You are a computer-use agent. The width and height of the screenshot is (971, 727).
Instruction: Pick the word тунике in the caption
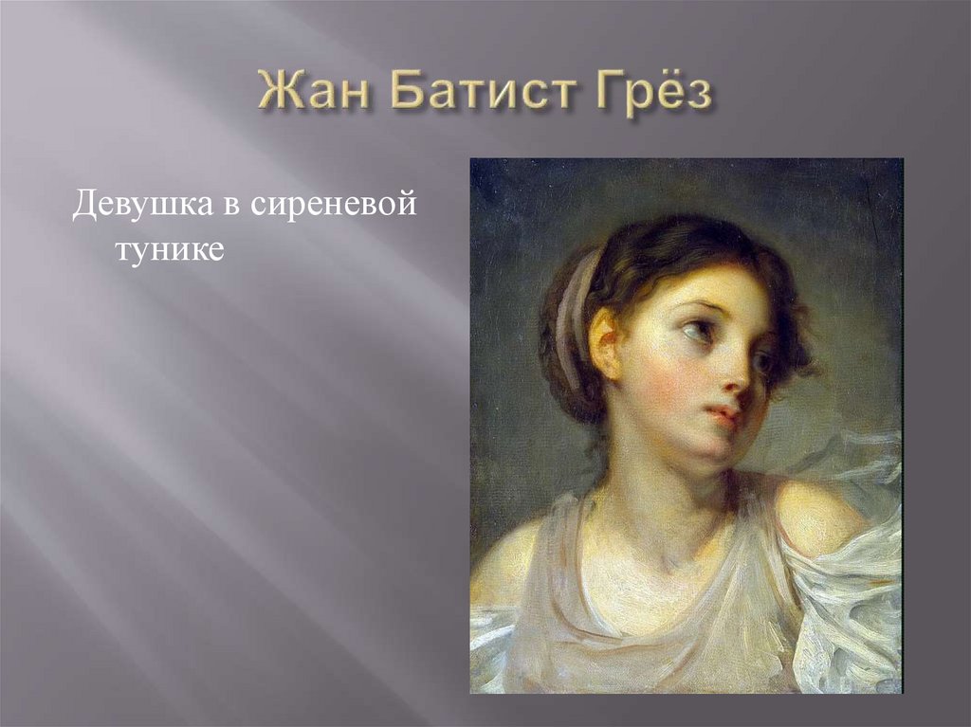169,251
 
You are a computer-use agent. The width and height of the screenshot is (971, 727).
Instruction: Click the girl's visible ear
605,341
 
